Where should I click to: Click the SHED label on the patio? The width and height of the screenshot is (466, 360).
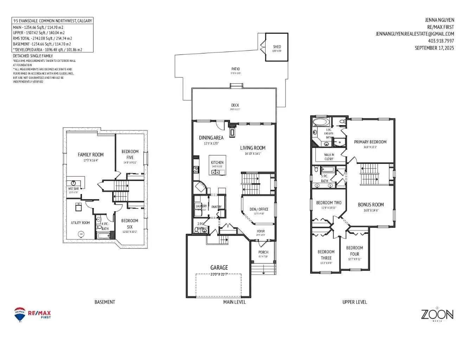pyautogui.click(x=277, y=47)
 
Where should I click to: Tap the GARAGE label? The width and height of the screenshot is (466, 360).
pyautogui.click(x=219, y=268)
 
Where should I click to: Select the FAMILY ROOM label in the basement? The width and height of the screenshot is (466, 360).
pyautogui.click(x=91, y=155)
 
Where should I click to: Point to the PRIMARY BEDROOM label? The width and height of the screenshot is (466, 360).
pyautogui.click(x=370, y=142)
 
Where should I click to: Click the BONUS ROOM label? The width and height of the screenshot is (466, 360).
pyautogui.click(x=371, y=205)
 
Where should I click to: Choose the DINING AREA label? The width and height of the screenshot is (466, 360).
pyautogui.click(x=211, y=138)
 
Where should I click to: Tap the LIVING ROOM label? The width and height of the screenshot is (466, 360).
pyautogui.click(x=253, y=148)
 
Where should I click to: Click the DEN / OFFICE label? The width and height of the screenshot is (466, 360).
pyautogui.click(x=259, y=209)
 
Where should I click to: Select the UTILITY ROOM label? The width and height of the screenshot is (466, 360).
pyautogui.click(x=81, y=223)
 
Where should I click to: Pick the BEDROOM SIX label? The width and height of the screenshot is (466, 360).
pyautogui.click(x=130, y=224)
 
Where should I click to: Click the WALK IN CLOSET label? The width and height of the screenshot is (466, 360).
pyautogui.click(x=329, y=157)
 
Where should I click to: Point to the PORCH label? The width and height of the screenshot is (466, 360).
pyautogui.click(x=263, y=252)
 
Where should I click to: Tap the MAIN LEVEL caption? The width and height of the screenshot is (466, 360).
pyautogui.click(x=235, y=302)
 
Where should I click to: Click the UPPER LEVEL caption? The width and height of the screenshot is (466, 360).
pyautogui.click(x=355, y=302)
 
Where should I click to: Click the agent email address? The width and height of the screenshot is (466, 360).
pyautogui.click(x=415, y=34)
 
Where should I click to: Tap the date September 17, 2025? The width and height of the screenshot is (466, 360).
pyautogui.click(x=434, y=48)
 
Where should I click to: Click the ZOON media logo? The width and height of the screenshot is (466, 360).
pyautogui.click(x=437, y=314)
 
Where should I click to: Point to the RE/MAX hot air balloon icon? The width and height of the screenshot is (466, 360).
pyautogui.click(x=20, y=314)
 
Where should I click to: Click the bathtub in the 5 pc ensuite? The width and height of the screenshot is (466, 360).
pyautogui.click(x=321, y=122)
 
